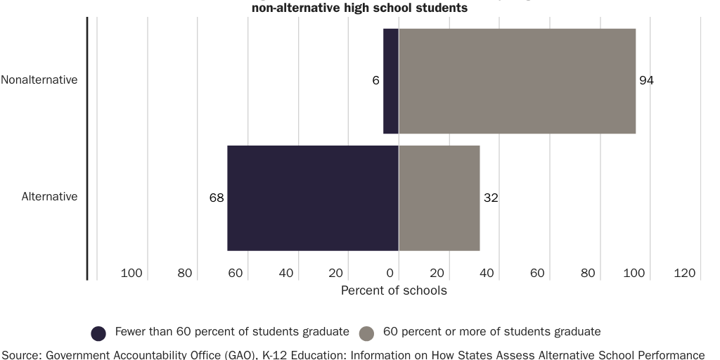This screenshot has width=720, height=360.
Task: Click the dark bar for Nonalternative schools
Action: (391, 81)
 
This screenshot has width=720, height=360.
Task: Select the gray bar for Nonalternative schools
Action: (517, 81)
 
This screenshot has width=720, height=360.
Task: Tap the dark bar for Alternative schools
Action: (313, 198)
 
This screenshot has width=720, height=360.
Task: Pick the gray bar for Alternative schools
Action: (439, 198)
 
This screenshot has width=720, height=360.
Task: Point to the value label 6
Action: (376, 81)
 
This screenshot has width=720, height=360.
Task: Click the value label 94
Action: (646, 81)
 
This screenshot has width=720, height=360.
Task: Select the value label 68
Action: (217, 198)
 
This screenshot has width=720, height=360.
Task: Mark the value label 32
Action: (491, 198)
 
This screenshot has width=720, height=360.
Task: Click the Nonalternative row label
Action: (39, 80)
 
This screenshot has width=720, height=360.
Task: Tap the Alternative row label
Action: (49, 197)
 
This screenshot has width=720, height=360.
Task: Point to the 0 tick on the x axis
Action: (391, 274)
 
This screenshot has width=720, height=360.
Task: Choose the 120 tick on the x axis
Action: (684, 274)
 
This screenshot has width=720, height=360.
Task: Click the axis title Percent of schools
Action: (394, 290)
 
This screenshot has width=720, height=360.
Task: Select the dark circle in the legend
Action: (99, 333)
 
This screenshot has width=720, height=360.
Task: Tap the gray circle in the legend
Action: (366, 333)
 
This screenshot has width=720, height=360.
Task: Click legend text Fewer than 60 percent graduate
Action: (232, 332)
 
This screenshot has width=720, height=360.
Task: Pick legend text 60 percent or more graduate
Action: (491, 332)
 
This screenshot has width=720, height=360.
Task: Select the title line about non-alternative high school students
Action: (359, 8)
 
